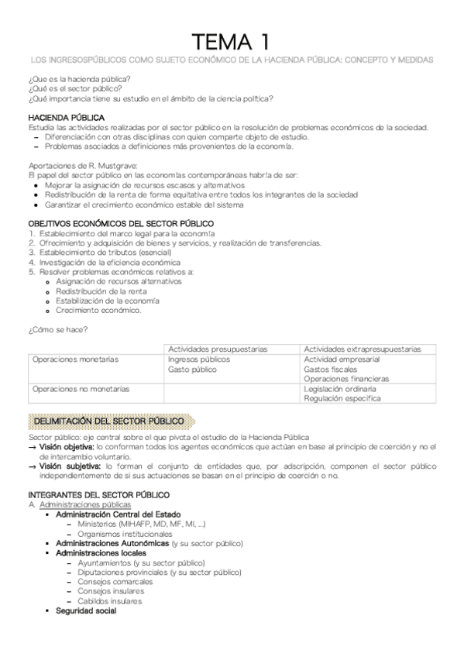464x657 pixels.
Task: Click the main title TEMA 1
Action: pyautogui.click(x=232, y=40)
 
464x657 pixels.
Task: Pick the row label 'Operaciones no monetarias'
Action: pyautogui.click(x=81, y=389)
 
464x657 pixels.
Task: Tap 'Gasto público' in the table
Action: pyautogui.click(x=193, y=370)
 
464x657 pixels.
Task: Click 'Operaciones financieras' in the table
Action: pyautogui.click(x=345, y=379)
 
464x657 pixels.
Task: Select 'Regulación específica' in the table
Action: pyautogui.click(x=342, y=398)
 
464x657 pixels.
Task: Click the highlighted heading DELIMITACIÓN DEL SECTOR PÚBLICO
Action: pyautogui.click(x=109, y=421)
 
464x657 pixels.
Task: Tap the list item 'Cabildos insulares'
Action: pyautogui.click(x=109, y=601)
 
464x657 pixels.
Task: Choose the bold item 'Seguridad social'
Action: pyautogui.click(x=86, y=611)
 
